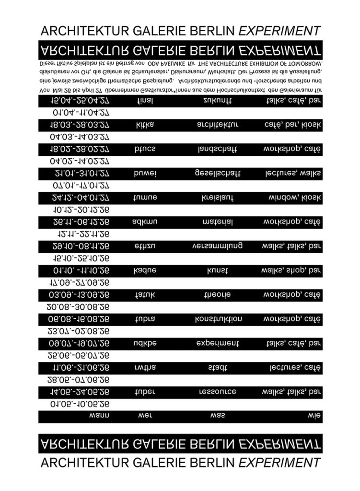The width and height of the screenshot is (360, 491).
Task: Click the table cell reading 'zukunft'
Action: point(218,101)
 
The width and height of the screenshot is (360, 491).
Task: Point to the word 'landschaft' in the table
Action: point(218,150)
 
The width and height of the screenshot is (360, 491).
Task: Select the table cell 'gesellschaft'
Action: point(218,174)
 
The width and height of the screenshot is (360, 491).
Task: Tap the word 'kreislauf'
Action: point(218,198)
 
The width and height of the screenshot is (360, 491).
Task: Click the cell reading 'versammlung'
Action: point(218,246)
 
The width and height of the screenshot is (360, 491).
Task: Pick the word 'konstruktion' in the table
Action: point(218,319)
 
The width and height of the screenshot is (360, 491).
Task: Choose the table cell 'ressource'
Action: point(218,392)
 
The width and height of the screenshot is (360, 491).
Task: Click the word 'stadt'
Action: point(218,368)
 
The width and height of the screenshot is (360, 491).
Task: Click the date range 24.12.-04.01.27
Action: point(80,198)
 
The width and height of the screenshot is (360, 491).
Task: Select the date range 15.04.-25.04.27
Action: point(80,101)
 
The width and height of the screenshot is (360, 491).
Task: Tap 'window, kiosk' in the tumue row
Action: point(294,198)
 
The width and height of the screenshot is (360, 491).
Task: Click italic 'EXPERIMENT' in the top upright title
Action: point(279,31)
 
